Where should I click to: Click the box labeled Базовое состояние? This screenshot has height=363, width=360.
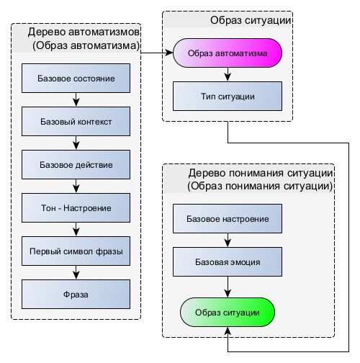click(x=76, y=79)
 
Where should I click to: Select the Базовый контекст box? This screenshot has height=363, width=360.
click(x=76, y=122)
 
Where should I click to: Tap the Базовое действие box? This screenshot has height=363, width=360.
click(x=76, y=165)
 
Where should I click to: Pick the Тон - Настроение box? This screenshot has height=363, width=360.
click(x=76, y=208)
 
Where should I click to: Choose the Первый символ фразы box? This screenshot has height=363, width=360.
click(x=76, y=251)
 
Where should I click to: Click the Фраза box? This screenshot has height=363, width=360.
click(x=76, y=295)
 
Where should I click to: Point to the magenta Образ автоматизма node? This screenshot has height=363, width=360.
click(x=228, y=53)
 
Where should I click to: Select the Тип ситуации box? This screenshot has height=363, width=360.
click(x=228, y=97)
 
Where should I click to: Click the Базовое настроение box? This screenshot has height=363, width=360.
click(x=228, y=219)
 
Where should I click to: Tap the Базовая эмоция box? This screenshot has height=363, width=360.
click(x=228, y=262)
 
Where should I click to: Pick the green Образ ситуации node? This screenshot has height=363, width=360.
click(x=228, y=313)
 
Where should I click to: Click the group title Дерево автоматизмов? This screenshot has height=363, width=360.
click(x=84, y=32)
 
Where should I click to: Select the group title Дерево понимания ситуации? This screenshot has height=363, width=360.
click(x=261, y=173)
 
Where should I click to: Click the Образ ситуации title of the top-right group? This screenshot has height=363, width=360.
click(x=251, y=20)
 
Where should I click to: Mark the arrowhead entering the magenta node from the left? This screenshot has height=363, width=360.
click(x=169, y=53)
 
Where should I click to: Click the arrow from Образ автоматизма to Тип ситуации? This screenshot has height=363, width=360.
click(x=228, y=74)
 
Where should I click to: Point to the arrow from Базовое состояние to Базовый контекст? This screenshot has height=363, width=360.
click(x=76, y=99)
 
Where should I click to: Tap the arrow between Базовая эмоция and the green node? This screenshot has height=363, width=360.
click(x=228, y=287)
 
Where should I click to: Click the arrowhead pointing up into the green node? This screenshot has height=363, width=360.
click(x=228, y=331)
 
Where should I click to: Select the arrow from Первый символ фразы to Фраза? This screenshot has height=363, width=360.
click(x=76, y=272)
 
